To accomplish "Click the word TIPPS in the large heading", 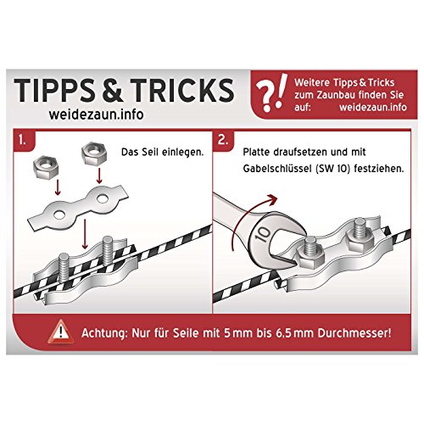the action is click(53, 90).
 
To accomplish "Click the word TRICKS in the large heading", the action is click(181, 90).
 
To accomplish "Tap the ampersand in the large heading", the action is click(112, 90).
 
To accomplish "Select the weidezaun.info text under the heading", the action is click(96, 114).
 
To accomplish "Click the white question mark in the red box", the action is click(265, 96).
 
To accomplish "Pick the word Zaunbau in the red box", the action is click(332, 95).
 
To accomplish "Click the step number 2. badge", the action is click(223, 139).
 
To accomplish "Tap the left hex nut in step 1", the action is click(46, 167).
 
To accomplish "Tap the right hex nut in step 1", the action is click(94, 154).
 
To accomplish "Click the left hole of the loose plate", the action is click(59, 215).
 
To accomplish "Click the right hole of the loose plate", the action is click(102, 198).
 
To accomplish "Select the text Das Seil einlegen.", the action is click(162, 152).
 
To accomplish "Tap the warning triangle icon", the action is click(60, 332).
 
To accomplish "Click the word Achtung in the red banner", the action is click(104, 333).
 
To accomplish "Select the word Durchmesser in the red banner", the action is click(354, 333).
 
